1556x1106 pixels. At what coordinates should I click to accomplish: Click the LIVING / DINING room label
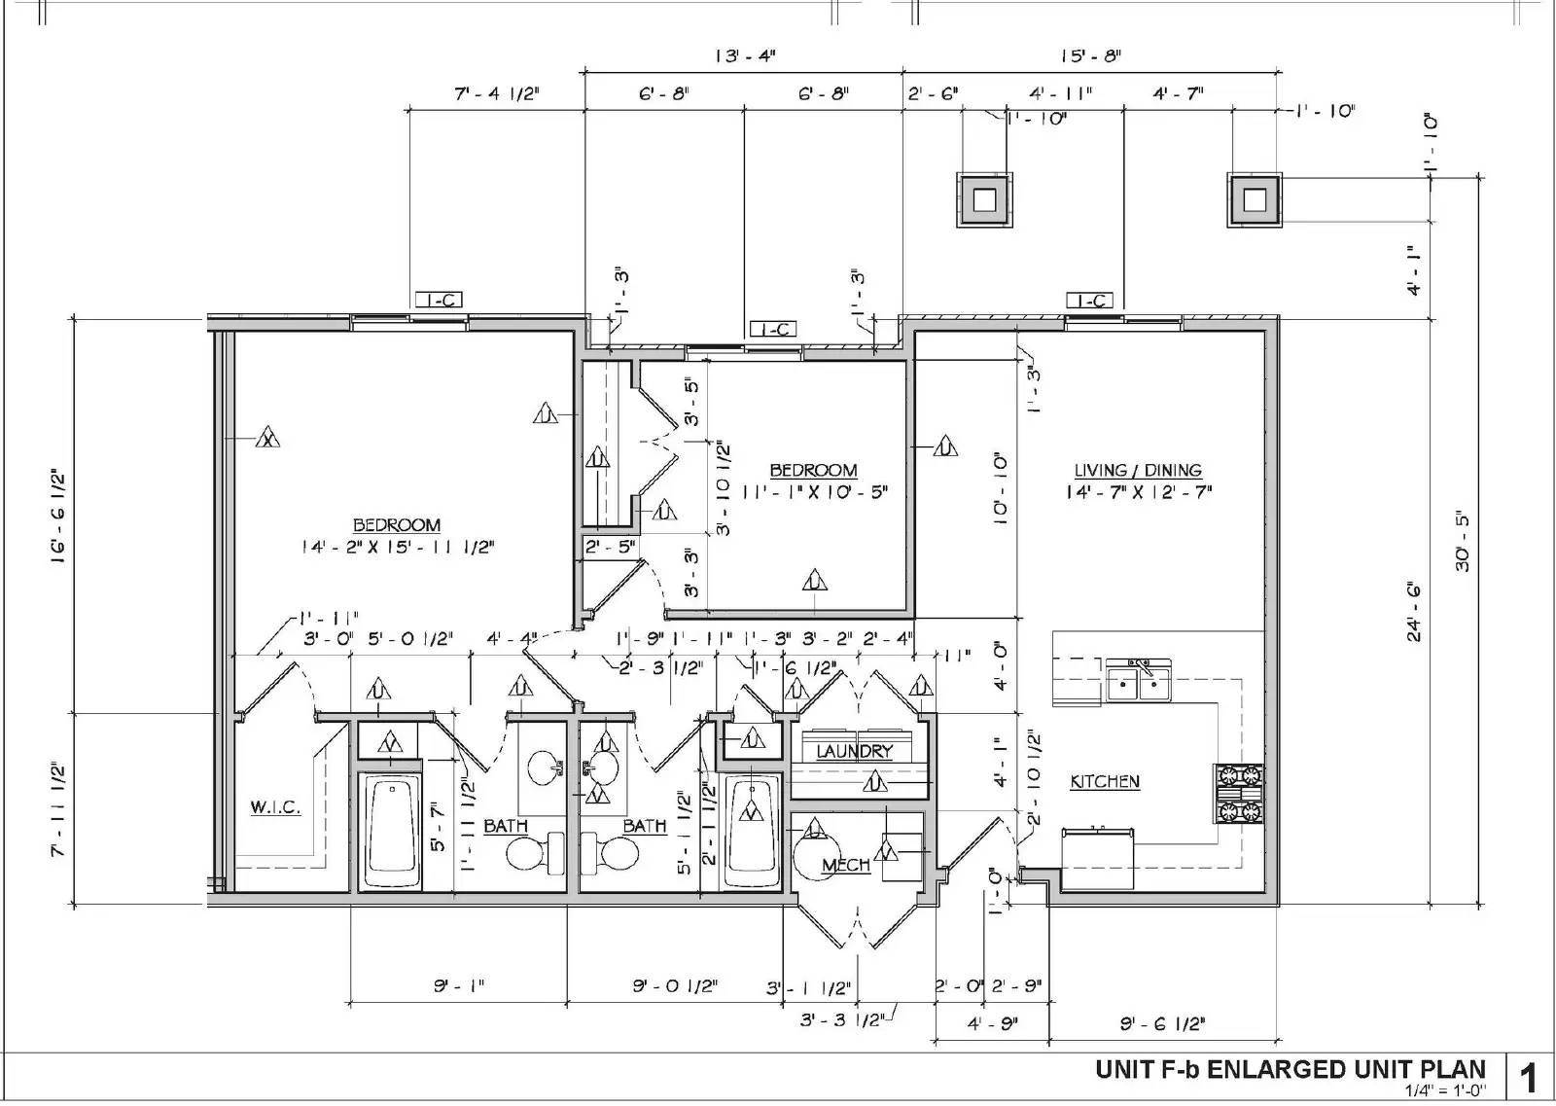point(1137,471)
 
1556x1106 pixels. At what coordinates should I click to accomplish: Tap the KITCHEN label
point(1105,781)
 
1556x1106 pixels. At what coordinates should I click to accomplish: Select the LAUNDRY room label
point(854,751)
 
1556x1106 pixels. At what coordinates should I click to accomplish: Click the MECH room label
point(845,865)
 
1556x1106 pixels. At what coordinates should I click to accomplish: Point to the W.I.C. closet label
point(275,807)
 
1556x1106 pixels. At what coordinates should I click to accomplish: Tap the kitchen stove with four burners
point(1237,793)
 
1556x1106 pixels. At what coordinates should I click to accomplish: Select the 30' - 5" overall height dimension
point(1463,541)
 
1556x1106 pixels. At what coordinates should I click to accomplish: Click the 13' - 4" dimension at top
point(745,56)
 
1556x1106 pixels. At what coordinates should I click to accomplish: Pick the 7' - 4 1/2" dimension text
point(497,93)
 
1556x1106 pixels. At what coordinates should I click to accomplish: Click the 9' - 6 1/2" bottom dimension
point(1162,1022)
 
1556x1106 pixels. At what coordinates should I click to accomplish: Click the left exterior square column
point(984,200)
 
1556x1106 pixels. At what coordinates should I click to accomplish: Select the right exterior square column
point(1255,200)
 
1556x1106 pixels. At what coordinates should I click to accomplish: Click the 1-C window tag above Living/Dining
point(1089,301)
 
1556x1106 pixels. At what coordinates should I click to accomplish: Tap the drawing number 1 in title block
point(1529,1078)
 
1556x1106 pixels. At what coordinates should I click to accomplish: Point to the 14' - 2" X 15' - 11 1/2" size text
point(397,548)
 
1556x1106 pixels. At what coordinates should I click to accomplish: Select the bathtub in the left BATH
point(391,832)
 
